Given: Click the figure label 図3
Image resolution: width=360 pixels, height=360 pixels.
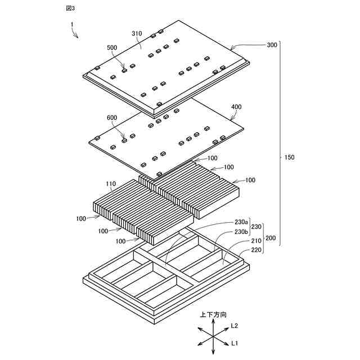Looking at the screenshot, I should pyautogui.click(x=70, y=8).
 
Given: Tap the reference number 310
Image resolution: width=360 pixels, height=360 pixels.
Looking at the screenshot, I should pyautogui.click(x=137, y=34).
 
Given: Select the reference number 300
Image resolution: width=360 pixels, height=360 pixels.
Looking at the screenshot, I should pyautogui.click(x=272, y=44).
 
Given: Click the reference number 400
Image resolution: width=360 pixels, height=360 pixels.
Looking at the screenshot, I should pyautogui.click(x=236, y=106).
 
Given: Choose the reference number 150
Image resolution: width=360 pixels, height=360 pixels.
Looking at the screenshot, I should pyautogui.click(x=289, y=157).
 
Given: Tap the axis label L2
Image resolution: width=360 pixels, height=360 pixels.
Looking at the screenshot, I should pyautogui.click(x=235, y=326).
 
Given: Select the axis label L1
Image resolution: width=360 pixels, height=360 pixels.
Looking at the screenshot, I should pyautogui.click(x=235, y=343).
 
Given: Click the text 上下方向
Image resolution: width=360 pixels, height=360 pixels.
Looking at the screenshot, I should pyautogui.click(x=213, y=316).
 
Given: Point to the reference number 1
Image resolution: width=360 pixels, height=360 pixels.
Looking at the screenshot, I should pyautogui.click(x=72, y=24).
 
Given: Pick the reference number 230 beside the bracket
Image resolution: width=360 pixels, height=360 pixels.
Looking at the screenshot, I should pyautogui.click(x=256, y=226).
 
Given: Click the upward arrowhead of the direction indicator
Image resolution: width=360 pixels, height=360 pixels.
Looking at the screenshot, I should pyautogui.click(x=213, y=322).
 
